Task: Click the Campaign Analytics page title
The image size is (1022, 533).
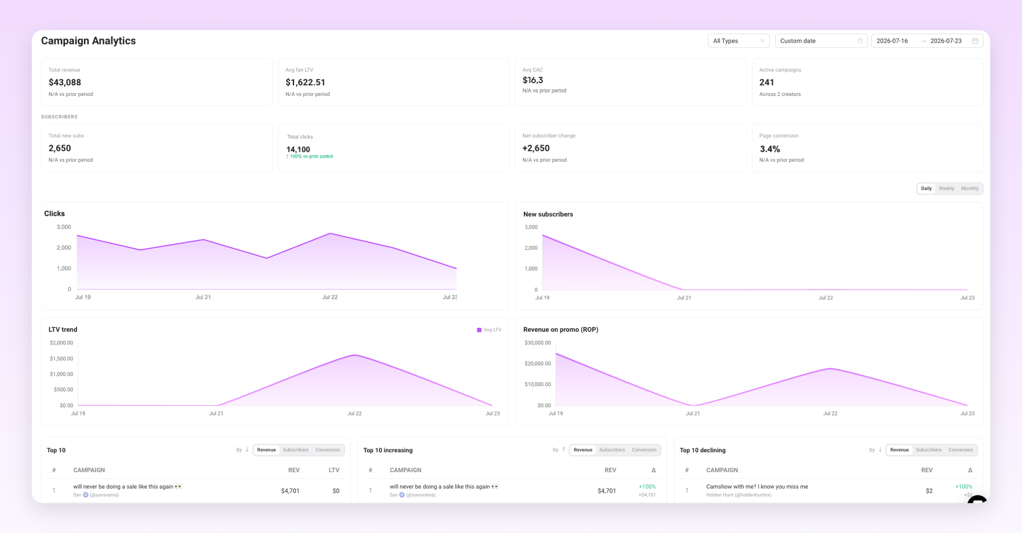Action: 88,41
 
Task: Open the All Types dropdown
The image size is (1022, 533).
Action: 739,41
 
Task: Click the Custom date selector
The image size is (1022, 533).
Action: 821,41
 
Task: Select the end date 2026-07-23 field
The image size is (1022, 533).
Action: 946,41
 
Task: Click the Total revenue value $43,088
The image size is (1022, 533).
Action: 65,82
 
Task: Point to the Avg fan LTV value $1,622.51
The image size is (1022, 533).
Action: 305,82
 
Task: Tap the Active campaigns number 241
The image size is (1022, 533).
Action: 766,82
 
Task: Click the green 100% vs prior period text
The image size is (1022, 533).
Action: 310,156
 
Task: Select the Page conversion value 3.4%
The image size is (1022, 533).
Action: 770,149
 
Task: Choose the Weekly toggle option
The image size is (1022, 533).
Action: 946,188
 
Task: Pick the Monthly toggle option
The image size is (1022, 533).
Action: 970,188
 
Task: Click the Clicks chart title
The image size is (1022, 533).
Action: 54,214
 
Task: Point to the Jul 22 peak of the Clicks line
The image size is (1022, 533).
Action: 330,234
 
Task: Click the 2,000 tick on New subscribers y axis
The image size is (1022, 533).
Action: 531,248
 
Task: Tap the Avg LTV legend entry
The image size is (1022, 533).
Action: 489,330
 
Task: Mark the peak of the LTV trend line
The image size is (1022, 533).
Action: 355,355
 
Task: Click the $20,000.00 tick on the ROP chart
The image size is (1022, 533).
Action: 538,363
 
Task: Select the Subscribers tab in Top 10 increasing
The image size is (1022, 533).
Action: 612,450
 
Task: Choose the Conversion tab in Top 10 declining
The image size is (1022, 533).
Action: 961,450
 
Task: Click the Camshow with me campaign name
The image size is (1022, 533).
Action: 757,487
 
